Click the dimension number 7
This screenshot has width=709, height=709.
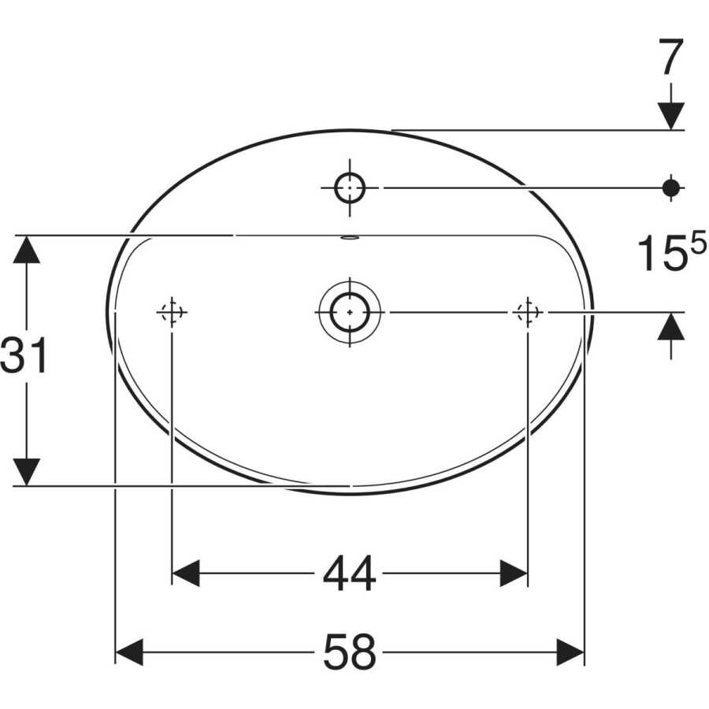[671, 57]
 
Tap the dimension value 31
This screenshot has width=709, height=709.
[24, 355]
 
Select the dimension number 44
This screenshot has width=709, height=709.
[349, 574]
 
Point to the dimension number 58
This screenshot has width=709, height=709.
[349, 652]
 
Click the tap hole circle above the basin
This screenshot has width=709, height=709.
[350, 187]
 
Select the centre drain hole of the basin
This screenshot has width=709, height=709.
[350, 312]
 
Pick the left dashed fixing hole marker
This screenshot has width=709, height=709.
[172, 312]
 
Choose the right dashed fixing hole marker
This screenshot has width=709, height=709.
[528, 312]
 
